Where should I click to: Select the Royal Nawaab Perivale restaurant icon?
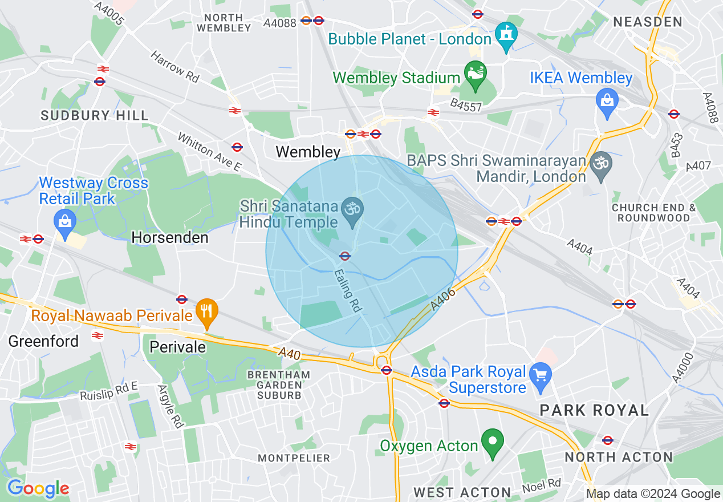point(206,311)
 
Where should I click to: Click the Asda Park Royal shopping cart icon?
point(540,375)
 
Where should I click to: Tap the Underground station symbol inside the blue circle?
point(344,256)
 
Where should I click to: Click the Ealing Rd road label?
point(348,290)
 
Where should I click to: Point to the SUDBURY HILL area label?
point(94,115)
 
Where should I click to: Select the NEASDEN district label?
point(648,22)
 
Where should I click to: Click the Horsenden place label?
point(170,237)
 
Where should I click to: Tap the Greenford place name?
point(43,341)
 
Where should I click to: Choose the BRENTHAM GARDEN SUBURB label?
point(279,384)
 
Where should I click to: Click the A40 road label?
point(290,353)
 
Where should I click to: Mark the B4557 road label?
point(465,106)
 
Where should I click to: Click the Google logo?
point(38,488)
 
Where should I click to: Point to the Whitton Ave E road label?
point(209,152)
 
